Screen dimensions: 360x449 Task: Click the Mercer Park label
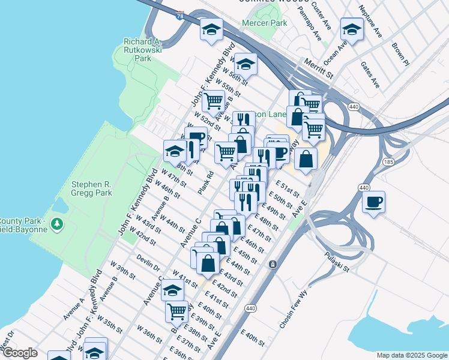[x=264, y=23]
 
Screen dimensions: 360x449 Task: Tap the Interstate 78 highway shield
[x=181, y=16]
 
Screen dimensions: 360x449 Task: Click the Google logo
[x=20, y=353]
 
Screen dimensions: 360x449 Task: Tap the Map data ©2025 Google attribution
[x=411, y=355]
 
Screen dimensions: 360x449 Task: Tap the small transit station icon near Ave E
[x=273, y=264]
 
